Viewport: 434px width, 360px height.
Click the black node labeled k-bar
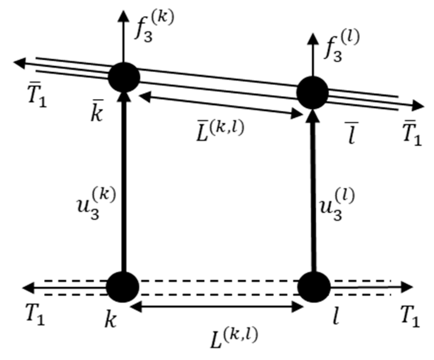[124, 77]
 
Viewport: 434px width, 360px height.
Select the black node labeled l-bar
[313, 92]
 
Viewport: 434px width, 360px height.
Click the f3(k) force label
[153, 28]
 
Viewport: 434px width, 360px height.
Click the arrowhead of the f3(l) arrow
[313, 38]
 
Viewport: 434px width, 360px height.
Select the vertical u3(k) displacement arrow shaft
[124, 185]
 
